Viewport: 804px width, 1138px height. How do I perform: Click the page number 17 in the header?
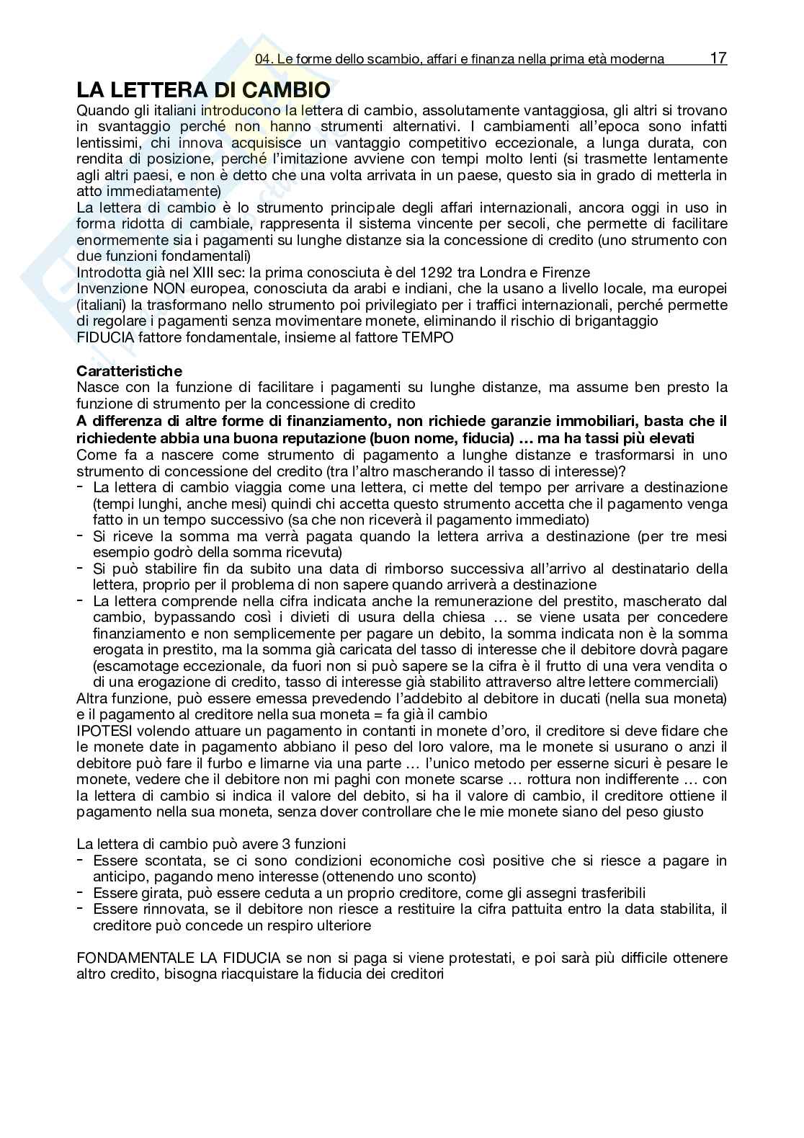point(718,58)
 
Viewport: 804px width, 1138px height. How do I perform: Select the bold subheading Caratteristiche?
point(130,371)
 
